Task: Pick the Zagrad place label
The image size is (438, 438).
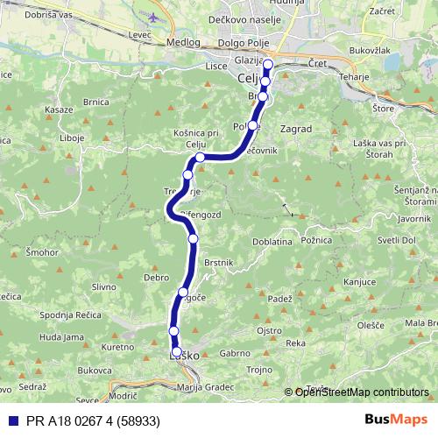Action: pyautogui.click(x=297, y=128)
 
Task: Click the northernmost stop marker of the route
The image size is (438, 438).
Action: pyautogui.click(x=268, y=65)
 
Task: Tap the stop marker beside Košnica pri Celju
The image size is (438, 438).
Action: pyautogui.click(x=201, y=158)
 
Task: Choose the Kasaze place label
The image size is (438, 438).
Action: pyautogui.click(x=58, y=109)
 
